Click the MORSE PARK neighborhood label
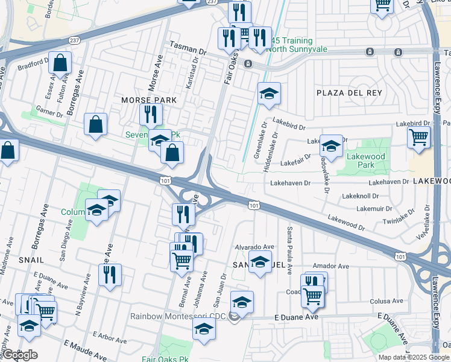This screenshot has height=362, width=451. tap(148, 100)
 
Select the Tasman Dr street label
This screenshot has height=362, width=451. tap(188, 45)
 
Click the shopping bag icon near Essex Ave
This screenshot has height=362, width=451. tap(60, 62)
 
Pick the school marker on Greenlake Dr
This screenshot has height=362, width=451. tap(269, 93)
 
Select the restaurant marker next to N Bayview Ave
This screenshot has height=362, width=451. tap(110, 275)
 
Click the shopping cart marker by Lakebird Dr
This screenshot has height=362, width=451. tap(419, 136)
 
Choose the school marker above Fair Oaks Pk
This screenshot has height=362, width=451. tap(204, 329)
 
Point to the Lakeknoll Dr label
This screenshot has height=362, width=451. tap(360, 196)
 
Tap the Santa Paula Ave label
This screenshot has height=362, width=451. tap(289, 250)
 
